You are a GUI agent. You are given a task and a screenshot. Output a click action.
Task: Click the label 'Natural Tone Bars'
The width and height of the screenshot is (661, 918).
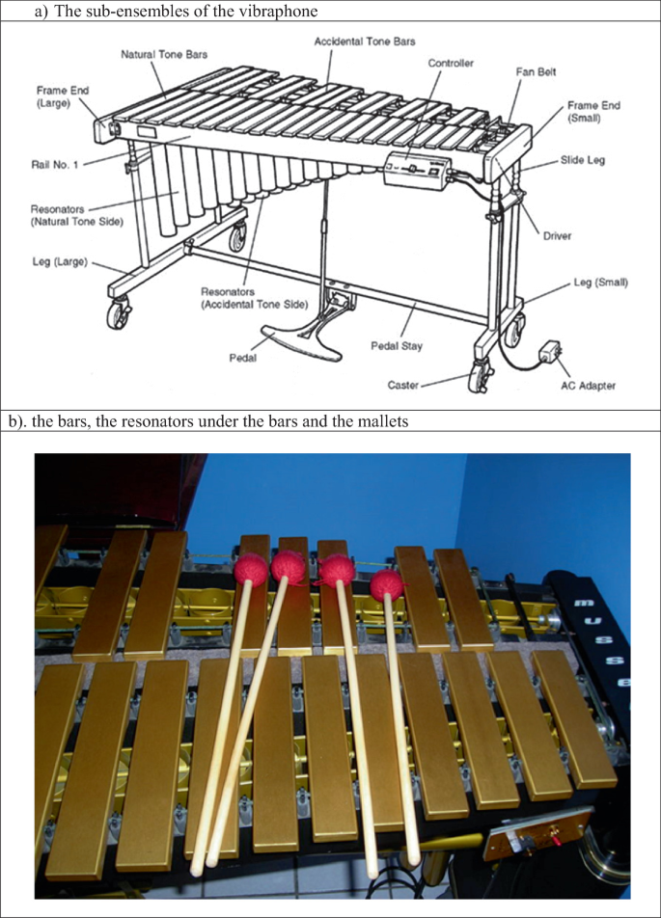pyautogui.click(x=164, y=54)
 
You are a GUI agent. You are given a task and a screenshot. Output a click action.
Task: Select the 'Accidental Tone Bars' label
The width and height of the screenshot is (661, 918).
pyautogui.click(x=365, y=41)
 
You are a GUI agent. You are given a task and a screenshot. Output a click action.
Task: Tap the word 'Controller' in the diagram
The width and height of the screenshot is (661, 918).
pyautogui.click(x=451, y=64)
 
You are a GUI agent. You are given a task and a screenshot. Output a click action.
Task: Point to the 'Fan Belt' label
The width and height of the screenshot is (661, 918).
pyautogui.click(x=536, y=72)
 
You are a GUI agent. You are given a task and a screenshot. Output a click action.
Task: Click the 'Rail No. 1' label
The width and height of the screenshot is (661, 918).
pyautogui.click(x=54, y=165)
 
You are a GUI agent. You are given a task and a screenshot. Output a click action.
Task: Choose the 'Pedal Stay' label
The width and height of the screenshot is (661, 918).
pyautogui.click(x=397, y=346)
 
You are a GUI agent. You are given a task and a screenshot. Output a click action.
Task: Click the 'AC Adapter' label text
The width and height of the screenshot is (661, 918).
pyautogui.click(x=588, y=386)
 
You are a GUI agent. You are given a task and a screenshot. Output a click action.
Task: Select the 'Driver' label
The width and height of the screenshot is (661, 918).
pyautogui.click(x=557, y=236)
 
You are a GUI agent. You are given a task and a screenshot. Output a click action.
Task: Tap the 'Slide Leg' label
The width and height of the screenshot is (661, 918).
pyautogui.click(x=583, y=160)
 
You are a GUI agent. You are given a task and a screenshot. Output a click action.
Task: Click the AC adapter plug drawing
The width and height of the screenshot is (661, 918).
pyautogui.click(x=551, y=351)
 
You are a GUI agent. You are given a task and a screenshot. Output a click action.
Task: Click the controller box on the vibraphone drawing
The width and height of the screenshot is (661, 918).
pyautogui.click(x=417, y=171)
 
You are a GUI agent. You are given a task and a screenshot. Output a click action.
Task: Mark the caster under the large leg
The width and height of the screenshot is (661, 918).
pyautogui.click(x=120, y=312)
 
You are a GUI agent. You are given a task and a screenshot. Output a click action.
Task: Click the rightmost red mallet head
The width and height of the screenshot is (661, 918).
pyautogui.click(x=387, y=585)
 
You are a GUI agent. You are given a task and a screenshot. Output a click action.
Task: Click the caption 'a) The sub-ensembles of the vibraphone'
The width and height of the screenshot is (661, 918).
pyautogui.click(x=177, y=12)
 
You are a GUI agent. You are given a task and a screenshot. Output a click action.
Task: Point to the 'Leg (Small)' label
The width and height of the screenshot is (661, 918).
pyautogui.click(x=600, y=283)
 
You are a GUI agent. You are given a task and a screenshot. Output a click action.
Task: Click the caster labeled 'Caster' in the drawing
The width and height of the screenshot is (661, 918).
pyautogui.click(x=480, y=378)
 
